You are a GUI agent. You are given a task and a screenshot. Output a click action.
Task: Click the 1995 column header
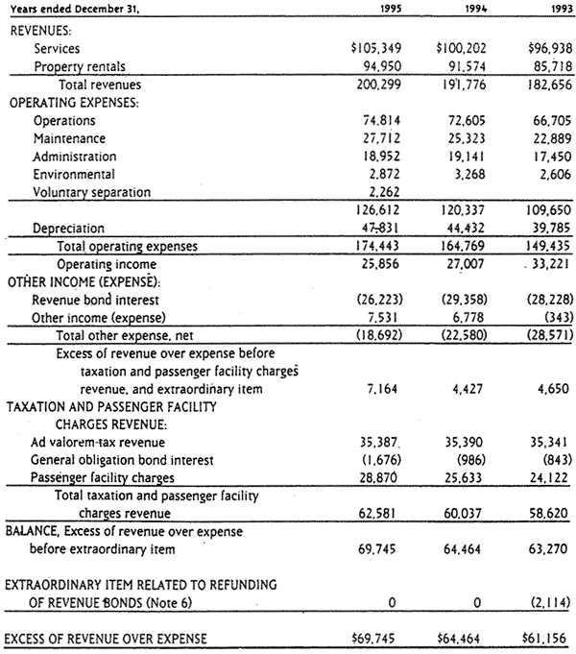(372, 12)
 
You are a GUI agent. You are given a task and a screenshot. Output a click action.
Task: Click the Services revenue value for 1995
(358, 47)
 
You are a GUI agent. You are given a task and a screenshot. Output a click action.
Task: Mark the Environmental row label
(74, 174)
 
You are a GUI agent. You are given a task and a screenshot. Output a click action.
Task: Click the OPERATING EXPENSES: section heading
(69, 102)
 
